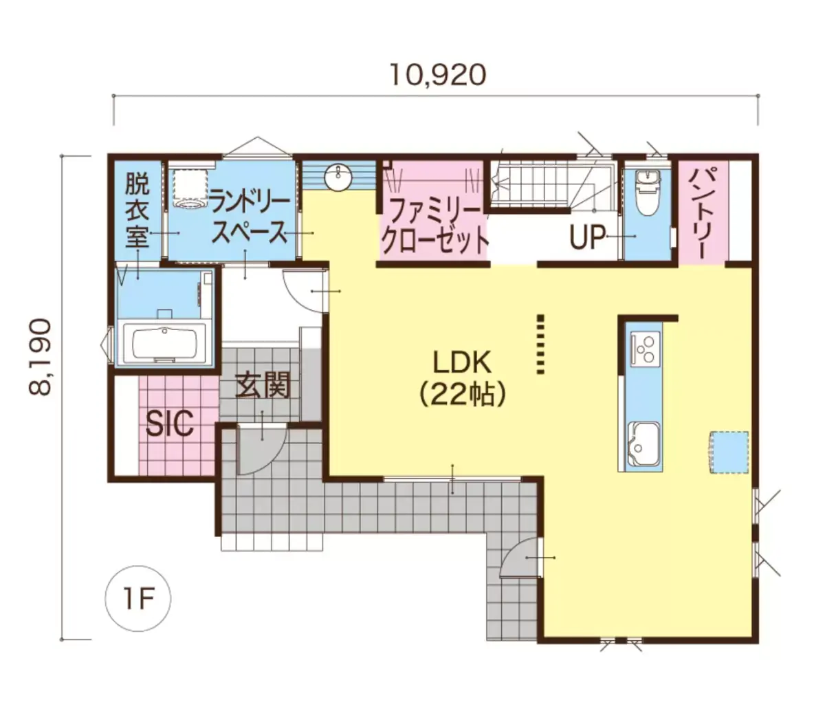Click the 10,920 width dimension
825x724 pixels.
(x=438, y=76)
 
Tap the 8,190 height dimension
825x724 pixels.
(x=41, y=357)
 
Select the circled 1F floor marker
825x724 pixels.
(x=138, y=598)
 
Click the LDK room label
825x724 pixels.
(x=462, y=363)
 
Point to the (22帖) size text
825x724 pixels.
(x=462, y=395)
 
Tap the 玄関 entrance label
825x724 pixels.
(x=263, y=385)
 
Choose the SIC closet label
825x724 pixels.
(x=169, y=424)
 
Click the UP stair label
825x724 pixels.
(x=587, y=238)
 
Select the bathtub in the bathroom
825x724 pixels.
(x=164, y=343)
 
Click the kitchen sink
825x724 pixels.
(x=643, y=444)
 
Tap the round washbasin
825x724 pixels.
(x=338, y=177)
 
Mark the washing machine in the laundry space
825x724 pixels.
(x=191, y=188)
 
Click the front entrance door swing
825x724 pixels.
(x=261, y=448)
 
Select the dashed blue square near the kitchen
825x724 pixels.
(x=729, y=452)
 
